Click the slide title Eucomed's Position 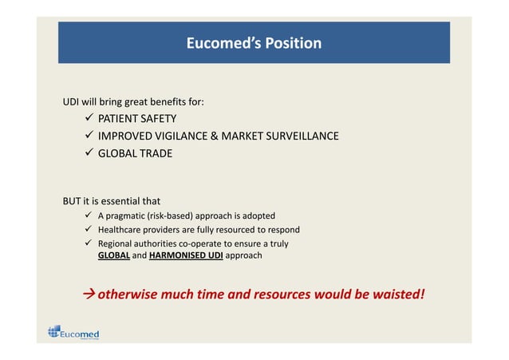pos(254,43)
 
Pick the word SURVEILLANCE pos(300,136)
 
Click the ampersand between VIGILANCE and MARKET pos(214,136)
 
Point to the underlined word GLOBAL pos(113,256)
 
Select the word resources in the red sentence pos(283,294)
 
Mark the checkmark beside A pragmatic pos(89,216)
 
